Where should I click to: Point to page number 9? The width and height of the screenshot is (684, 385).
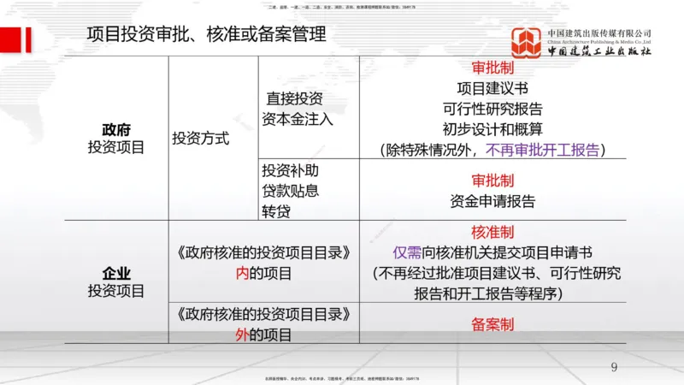pos(614,368)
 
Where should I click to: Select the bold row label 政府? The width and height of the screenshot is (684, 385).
pos(116,130)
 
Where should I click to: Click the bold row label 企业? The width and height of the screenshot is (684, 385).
pos(116,274)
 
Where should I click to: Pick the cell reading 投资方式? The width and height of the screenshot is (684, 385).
pos(201,139)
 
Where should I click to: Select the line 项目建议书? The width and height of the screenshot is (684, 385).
pos(492,88)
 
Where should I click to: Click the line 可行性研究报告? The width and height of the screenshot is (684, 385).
pos(492,109)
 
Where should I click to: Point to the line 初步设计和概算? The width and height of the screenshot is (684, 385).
pos(492,129)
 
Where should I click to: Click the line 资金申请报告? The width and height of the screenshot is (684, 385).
pos(492,202)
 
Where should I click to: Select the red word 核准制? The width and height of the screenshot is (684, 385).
pos(492,233)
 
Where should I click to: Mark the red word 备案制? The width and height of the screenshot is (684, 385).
pos(492,325)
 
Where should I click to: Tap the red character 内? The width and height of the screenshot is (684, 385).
pos(242,274)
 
